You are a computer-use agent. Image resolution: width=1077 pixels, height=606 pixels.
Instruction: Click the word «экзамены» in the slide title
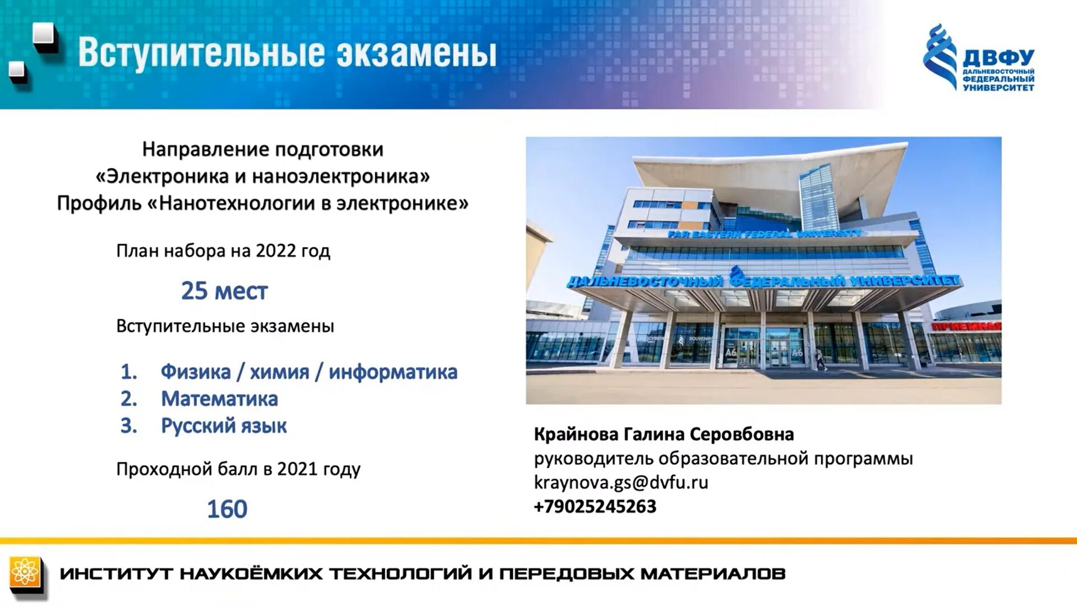(416, 54)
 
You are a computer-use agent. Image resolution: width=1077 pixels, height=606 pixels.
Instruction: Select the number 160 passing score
(227, 509)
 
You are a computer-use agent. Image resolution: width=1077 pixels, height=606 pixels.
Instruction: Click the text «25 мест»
(224, 291)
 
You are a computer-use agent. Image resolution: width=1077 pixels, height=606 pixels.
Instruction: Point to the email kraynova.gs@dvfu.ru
(621, 483)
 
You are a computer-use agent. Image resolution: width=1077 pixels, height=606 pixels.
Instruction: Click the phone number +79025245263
(595, 507)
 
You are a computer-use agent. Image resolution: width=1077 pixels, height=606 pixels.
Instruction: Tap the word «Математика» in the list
(219, 399)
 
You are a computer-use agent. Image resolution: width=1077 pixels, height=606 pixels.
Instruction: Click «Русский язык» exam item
(224, 426)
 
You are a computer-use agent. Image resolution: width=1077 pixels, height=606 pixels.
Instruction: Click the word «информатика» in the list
(393, 372)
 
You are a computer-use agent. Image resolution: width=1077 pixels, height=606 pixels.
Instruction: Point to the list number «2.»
(129, 399)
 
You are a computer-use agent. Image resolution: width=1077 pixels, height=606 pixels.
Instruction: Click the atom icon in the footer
(25, 573)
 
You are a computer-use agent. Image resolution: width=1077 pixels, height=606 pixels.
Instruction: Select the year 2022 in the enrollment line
(275, 251)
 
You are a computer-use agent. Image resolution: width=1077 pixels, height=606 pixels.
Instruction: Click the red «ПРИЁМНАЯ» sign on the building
(966, 327)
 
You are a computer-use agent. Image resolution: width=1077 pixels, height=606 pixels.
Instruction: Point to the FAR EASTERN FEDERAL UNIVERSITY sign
(764, 233)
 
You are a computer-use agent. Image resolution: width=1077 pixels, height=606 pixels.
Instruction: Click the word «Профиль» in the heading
(99, 203)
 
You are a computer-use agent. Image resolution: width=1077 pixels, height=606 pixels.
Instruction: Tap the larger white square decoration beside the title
(44, 35)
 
